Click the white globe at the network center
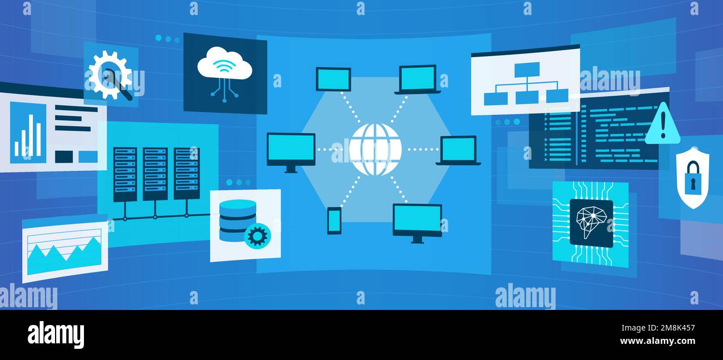click(375, 150)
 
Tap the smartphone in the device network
click(334, 220)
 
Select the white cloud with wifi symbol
click(225, 64)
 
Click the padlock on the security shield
click(693, 179)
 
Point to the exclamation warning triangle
click(662, 124)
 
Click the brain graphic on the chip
click(591, 223)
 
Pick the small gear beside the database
click(257, 236)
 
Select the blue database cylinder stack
click(237, 220)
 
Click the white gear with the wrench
click(110, 76)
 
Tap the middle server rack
click(155, 174)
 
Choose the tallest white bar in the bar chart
click(31, 135)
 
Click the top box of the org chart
click(527, 70)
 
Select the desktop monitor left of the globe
click(291, 152)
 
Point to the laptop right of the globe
click(458, 150)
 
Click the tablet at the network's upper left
click(334, 79)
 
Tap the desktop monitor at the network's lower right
click(417, 223)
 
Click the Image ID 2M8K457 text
click(658, 328)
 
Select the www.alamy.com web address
click(657, 341)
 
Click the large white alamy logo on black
click(56, 335)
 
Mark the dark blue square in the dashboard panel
click(64, 156)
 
